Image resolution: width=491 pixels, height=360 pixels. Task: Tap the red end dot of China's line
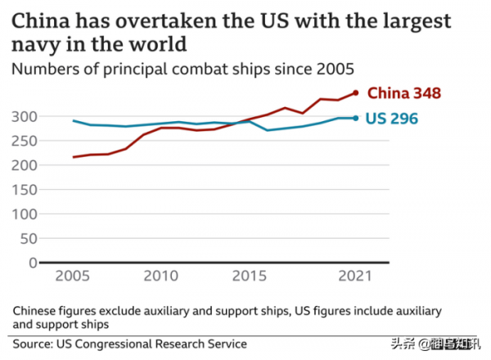pos(355,92)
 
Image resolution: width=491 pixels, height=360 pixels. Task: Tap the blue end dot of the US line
pos(355,118)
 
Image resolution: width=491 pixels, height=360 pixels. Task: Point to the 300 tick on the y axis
pos(23,116)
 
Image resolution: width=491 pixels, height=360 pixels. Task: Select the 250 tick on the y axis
pos(23,141)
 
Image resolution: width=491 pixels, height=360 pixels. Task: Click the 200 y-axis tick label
pos(23,165)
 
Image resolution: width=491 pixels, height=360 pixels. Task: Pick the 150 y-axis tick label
pos(23,190)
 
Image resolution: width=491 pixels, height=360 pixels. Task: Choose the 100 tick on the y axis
pos(23,214)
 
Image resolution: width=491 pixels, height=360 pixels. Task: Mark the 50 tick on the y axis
pos(27,238)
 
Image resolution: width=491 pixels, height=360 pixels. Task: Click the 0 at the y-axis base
pos(31,263)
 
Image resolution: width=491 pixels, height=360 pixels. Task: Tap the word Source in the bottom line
pos(33,343)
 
